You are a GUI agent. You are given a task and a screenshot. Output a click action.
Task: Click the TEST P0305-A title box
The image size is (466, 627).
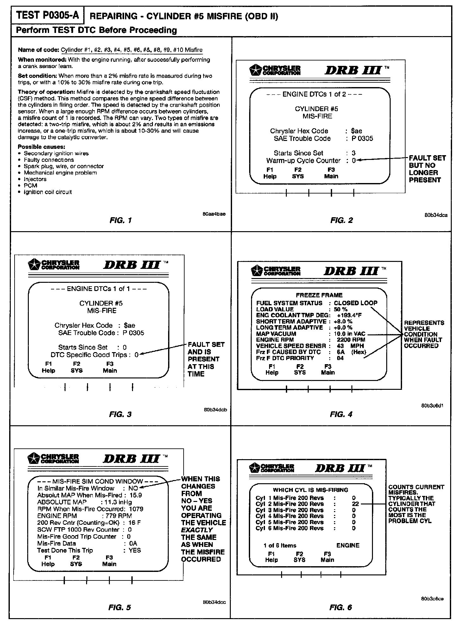coord(47,15)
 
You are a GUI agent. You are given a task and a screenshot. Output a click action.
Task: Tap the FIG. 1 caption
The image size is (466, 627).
coord(120,220)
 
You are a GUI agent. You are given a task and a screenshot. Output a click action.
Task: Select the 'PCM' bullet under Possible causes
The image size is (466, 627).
coord(30,186)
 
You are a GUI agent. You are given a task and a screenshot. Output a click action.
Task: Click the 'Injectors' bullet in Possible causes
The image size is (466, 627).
coord(35,179)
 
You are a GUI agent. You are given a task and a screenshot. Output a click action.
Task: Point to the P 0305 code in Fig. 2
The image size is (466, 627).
coord(362,138)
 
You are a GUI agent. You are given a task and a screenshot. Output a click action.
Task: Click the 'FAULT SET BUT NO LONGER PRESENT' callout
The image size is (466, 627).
coord(427,169)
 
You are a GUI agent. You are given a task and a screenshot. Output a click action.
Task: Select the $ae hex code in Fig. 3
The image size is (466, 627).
coord(129,325)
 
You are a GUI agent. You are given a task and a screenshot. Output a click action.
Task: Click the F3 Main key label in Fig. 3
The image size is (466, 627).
coord(110,367)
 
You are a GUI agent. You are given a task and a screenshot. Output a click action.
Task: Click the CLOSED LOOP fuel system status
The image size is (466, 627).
coord(356,303)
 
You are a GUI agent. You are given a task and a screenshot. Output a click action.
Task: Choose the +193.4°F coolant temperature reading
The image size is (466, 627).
coord(349,315)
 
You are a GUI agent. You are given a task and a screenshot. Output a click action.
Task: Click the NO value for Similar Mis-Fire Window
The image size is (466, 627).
coord(133,488)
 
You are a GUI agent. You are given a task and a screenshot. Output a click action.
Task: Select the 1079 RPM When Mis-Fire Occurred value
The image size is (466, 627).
coord(136,509)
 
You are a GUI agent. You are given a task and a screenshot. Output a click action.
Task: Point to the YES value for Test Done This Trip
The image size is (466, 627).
coord(135,550)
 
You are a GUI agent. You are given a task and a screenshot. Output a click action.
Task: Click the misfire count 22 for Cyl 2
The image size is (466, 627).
coord(355,504)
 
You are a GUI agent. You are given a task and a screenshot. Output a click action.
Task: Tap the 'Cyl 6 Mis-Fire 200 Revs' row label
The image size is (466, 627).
coord(290,528)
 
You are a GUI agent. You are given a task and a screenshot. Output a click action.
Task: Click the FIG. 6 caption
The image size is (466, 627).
coord(341,607)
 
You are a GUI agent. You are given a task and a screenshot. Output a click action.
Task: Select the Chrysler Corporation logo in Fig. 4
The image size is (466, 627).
coord(275,271)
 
